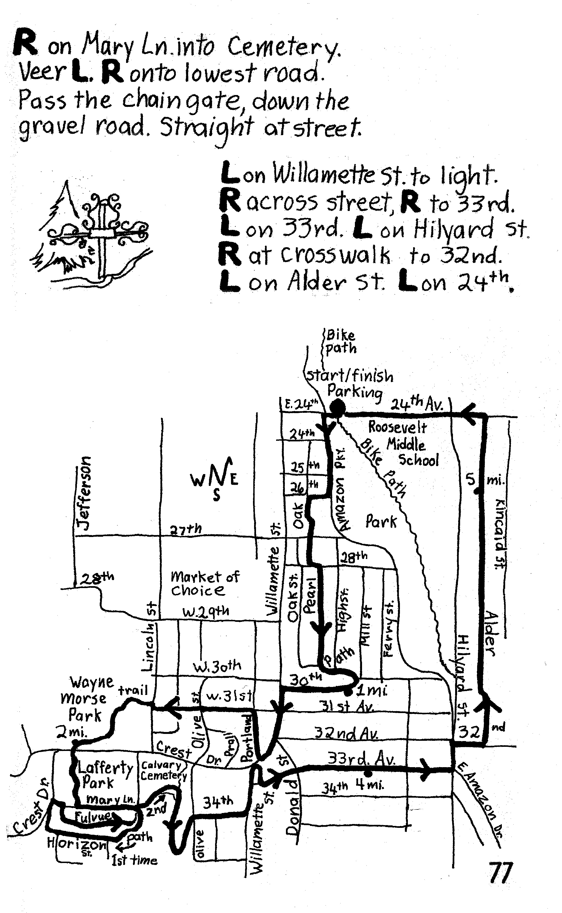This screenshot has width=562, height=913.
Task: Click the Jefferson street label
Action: coord(84,493)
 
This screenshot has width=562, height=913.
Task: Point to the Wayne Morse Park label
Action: coord(85,698)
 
